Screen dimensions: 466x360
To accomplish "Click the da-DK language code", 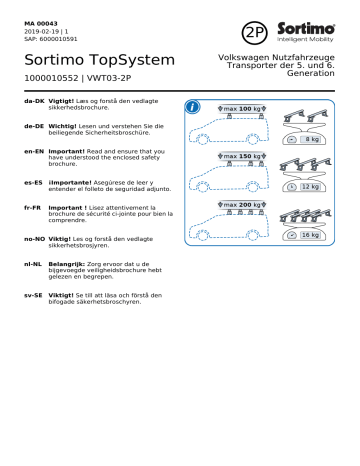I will (34, 103).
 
